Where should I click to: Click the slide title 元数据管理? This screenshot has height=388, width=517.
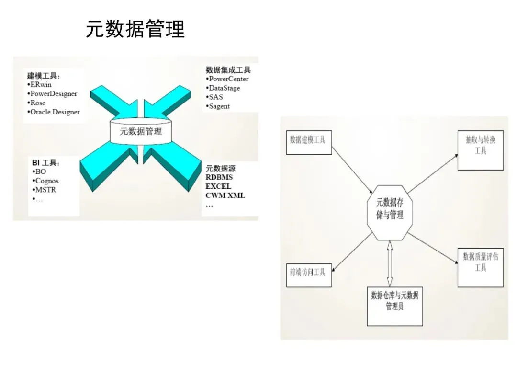pos(135,29)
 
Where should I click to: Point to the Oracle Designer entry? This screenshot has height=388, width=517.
pos(55,112)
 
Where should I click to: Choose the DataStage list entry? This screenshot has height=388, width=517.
pos(224,88)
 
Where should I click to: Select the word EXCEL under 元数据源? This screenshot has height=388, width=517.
pos(218,186)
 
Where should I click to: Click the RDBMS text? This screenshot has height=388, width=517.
pos(219,177)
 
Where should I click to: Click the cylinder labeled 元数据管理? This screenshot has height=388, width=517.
pos(141,131)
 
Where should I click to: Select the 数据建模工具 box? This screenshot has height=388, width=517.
pos(309,142)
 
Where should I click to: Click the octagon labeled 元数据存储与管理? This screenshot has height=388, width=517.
pos(390,209)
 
